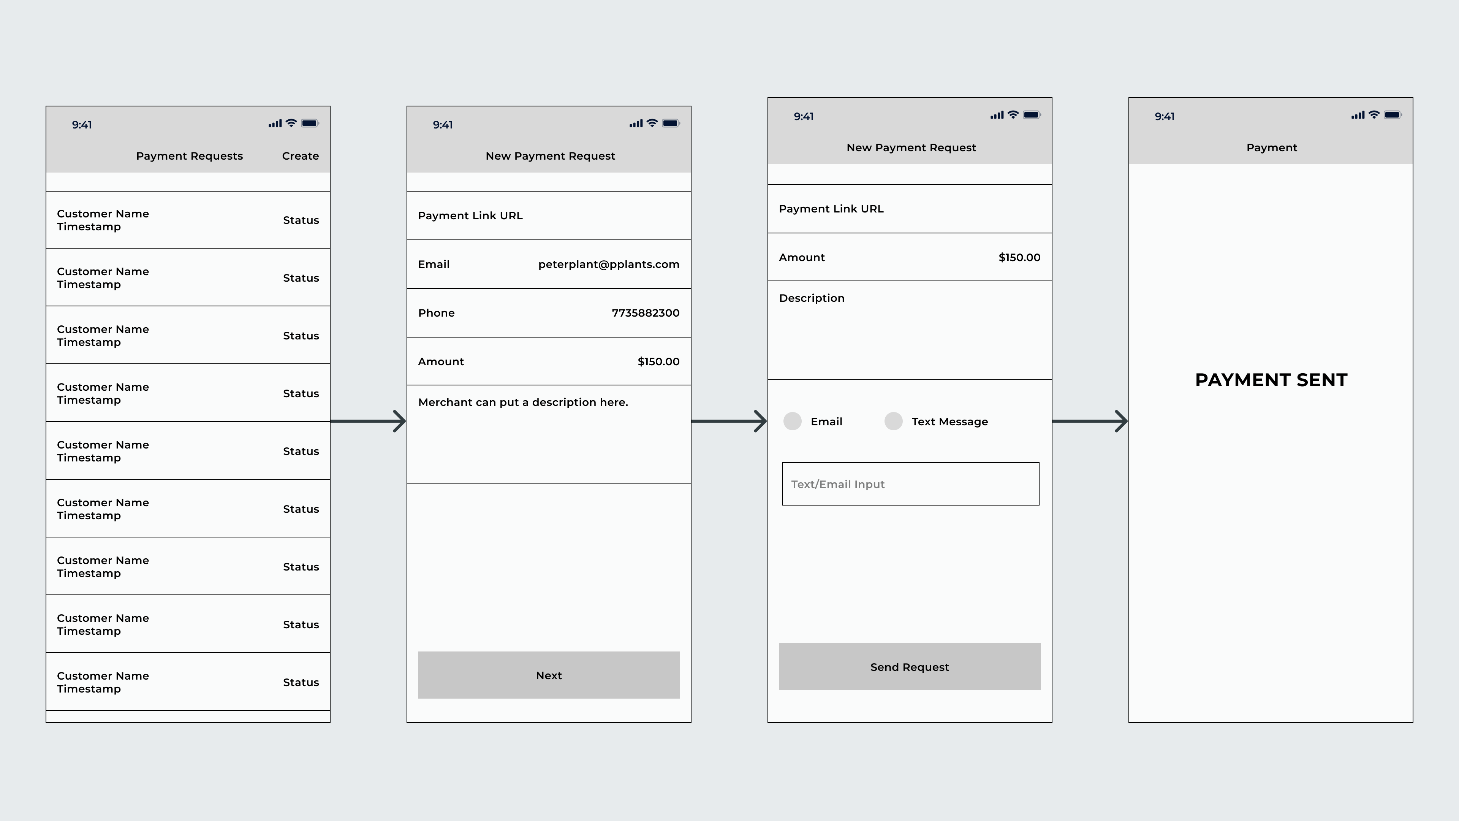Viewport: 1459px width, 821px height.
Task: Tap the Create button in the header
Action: [x=300, y=156]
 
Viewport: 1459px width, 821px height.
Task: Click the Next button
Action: [x=548, y=675]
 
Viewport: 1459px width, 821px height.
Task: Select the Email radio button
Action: [x=792, y=422]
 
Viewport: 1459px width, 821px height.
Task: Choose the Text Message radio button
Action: [x=893, y=422]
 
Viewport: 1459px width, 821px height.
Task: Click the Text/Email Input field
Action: [x=910, y=484]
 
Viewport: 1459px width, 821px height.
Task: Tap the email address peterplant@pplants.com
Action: [x=608, y=265]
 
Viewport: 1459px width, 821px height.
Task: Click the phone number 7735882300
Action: [x=645, y=313]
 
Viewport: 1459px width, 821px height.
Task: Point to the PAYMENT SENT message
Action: [x=1271, y=380]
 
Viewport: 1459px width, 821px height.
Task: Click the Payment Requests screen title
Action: [x=189, y=156]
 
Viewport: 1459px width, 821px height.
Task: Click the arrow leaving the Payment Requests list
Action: [x=368, y=421]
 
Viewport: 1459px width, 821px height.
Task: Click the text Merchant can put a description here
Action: [x=523, y=402]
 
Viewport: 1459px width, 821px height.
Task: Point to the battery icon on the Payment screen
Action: [x=1392, y=115]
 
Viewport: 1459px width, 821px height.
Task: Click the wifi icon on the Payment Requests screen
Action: [x=291, y=123]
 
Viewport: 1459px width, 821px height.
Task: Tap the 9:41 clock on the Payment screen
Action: [x=1165, y=117]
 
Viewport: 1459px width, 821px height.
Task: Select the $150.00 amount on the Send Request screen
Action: [x=1019, y=258]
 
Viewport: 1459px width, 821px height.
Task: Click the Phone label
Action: [x=436, y=313]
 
